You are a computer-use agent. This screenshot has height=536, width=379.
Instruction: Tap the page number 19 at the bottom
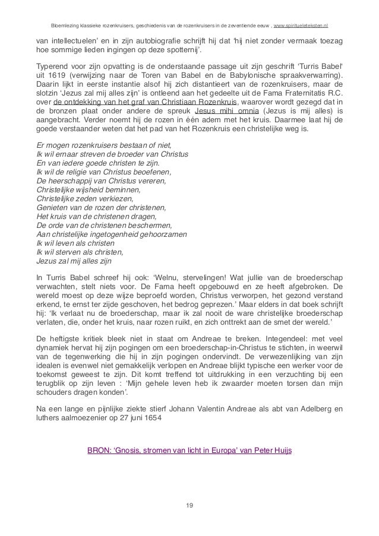coord(189,505)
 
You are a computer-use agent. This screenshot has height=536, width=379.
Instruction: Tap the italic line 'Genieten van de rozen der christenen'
coord(101,208)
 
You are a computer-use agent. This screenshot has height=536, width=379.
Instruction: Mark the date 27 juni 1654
coord(161,417)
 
